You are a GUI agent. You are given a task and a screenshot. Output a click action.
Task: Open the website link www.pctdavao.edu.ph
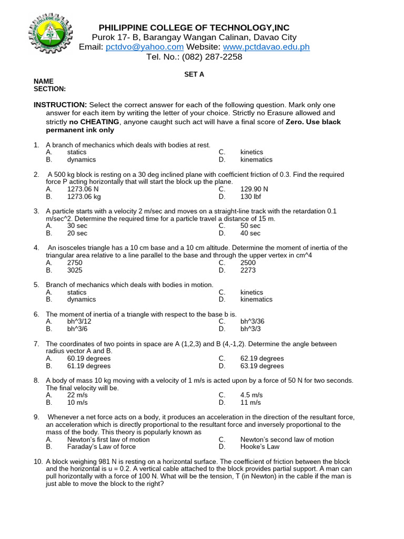pos(266,47)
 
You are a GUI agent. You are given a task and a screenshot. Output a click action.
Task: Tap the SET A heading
pos(194,75)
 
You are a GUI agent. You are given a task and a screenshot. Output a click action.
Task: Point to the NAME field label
pos(44,82)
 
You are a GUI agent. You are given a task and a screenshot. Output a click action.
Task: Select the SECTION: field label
pos(49,89)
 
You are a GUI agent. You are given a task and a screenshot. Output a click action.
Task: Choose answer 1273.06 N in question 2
pos(83,189)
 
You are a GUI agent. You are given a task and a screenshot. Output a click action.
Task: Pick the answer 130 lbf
pos(250,196)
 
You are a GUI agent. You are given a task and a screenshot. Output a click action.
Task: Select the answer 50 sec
pos(250,226)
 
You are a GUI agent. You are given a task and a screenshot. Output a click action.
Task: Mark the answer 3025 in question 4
pos(75,270)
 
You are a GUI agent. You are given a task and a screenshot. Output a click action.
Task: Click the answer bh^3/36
pos(251,322)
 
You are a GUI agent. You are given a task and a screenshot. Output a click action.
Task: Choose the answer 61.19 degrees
pos(89,366)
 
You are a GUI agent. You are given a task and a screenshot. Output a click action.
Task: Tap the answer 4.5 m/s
pos(250,395)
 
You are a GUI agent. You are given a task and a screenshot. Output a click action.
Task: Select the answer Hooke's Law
pos(260,447)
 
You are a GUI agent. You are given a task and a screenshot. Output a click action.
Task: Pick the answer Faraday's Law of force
pos(101,447)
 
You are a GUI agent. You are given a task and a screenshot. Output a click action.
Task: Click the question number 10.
pos(38,462)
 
